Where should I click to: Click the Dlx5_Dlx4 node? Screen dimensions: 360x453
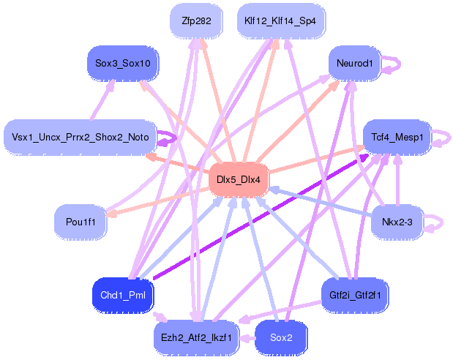[239, 179]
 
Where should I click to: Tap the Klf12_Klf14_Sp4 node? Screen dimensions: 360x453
[281, 21]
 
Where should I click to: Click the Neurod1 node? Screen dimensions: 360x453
[355, 64]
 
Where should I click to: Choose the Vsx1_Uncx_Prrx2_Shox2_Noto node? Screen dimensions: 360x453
[81, 137]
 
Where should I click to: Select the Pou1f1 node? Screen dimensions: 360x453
[81, 220]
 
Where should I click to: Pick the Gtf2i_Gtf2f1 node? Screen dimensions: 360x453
[355, 295]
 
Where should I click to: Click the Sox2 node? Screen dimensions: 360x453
[281, 337]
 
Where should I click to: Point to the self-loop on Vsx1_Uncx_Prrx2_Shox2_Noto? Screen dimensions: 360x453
[171, 137]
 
